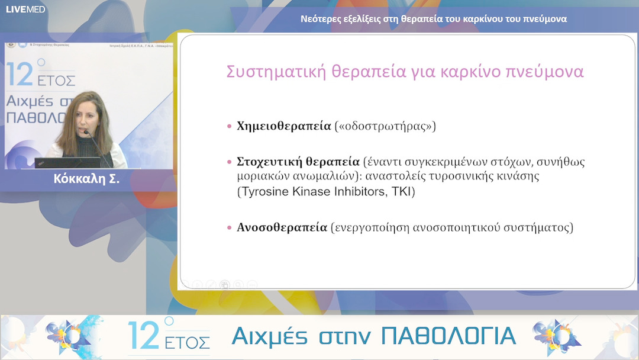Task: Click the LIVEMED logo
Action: (25, 9)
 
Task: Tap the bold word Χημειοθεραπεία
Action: (284, 126)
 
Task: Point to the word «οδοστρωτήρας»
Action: (385, 126)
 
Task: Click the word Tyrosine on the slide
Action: (264, 192)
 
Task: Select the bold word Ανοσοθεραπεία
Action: (282, 227)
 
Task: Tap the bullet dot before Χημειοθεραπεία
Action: (230, 127)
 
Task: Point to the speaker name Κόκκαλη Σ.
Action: (87, 179)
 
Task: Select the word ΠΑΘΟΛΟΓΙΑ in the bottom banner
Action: (448, 336)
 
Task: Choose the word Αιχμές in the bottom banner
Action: (270, 336)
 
